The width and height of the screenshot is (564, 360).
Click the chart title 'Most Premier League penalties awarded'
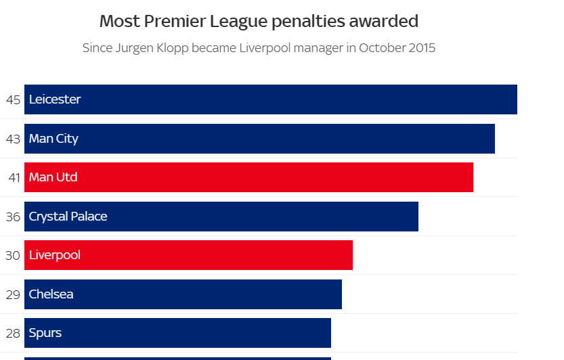(x=259, y=21)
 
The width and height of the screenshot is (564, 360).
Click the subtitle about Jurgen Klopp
(x=259, y=48)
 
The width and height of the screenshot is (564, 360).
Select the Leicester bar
(x=271, y=99)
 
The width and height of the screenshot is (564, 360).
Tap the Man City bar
(x=259, y=139)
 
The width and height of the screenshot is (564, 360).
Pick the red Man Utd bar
(x=248, y=177)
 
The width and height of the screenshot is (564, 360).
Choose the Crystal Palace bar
(x=221, y=217)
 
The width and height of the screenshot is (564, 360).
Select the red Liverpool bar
(x=188, y=255)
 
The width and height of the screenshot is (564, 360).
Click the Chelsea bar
(x=183, y=294)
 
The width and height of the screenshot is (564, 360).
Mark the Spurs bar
(x=177, y=333)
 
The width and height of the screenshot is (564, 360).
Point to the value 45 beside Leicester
(x=14, y=99)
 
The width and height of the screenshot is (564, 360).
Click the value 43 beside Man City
(x=14, y=139)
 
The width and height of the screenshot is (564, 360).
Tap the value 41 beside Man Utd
(x=14, y=177)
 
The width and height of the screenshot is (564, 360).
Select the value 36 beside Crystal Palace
(x=14, y=217)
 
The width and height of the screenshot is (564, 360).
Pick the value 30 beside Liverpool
(x=14, y=255)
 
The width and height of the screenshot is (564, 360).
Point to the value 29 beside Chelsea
(x=14, y=294)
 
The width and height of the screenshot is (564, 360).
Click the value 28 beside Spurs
(x=14, y=333)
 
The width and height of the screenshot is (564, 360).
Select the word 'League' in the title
(x=242, y=21)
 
